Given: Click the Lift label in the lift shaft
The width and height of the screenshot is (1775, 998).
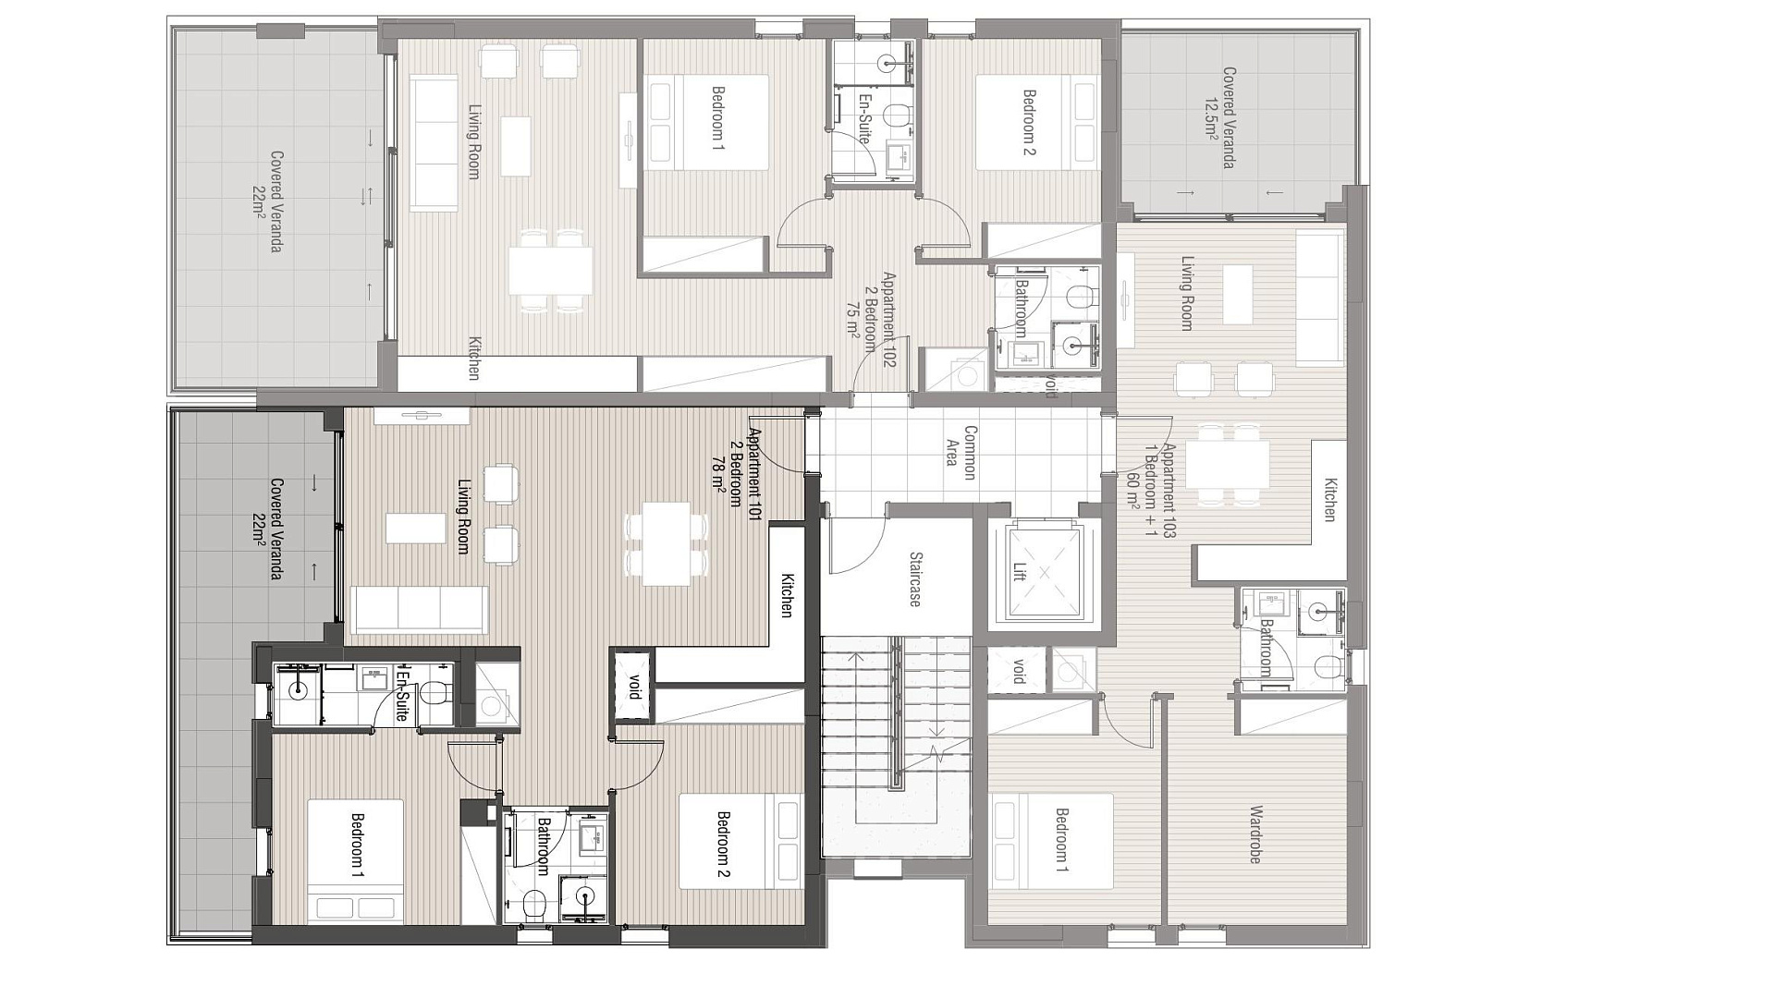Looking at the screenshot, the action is [1020, 572].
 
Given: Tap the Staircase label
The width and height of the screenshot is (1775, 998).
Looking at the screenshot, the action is [915, 579].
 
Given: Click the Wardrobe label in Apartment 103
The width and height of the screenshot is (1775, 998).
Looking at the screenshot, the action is [1255, 834].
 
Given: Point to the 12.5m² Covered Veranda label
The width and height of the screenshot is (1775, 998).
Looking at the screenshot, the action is [1219, 117].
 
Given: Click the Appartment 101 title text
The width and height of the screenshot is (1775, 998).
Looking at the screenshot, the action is [754, 475].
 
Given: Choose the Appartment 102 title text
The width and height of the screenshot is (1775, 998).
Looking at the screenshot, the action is [888, 320].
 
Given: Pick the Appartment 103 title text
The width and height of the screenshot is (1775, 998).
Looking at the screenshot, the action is [1169, 491].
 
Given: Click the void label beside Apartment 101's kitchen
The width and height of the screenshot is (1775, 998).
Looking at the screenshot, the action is [634, 687].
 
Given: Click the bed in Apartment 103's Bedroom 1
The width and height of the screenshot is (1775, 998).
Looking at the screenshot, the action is [1051, 841].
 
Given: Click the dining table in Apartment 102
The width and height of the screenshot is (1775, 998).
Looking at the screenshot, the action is [550, 270].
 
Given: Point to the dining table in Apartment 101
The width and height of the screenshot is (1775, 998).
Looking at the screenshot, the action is [667, 544].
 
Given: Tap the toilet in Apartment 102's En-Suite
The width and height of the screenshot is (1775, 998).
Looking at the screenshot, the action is [895, 116].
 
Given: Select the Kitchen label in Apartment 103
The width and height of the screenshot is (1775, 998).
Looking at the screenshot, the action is [1330, 500].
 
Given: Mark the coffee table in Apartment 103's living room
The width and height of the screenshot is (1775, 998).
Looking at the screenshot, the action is [1238, 294].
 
